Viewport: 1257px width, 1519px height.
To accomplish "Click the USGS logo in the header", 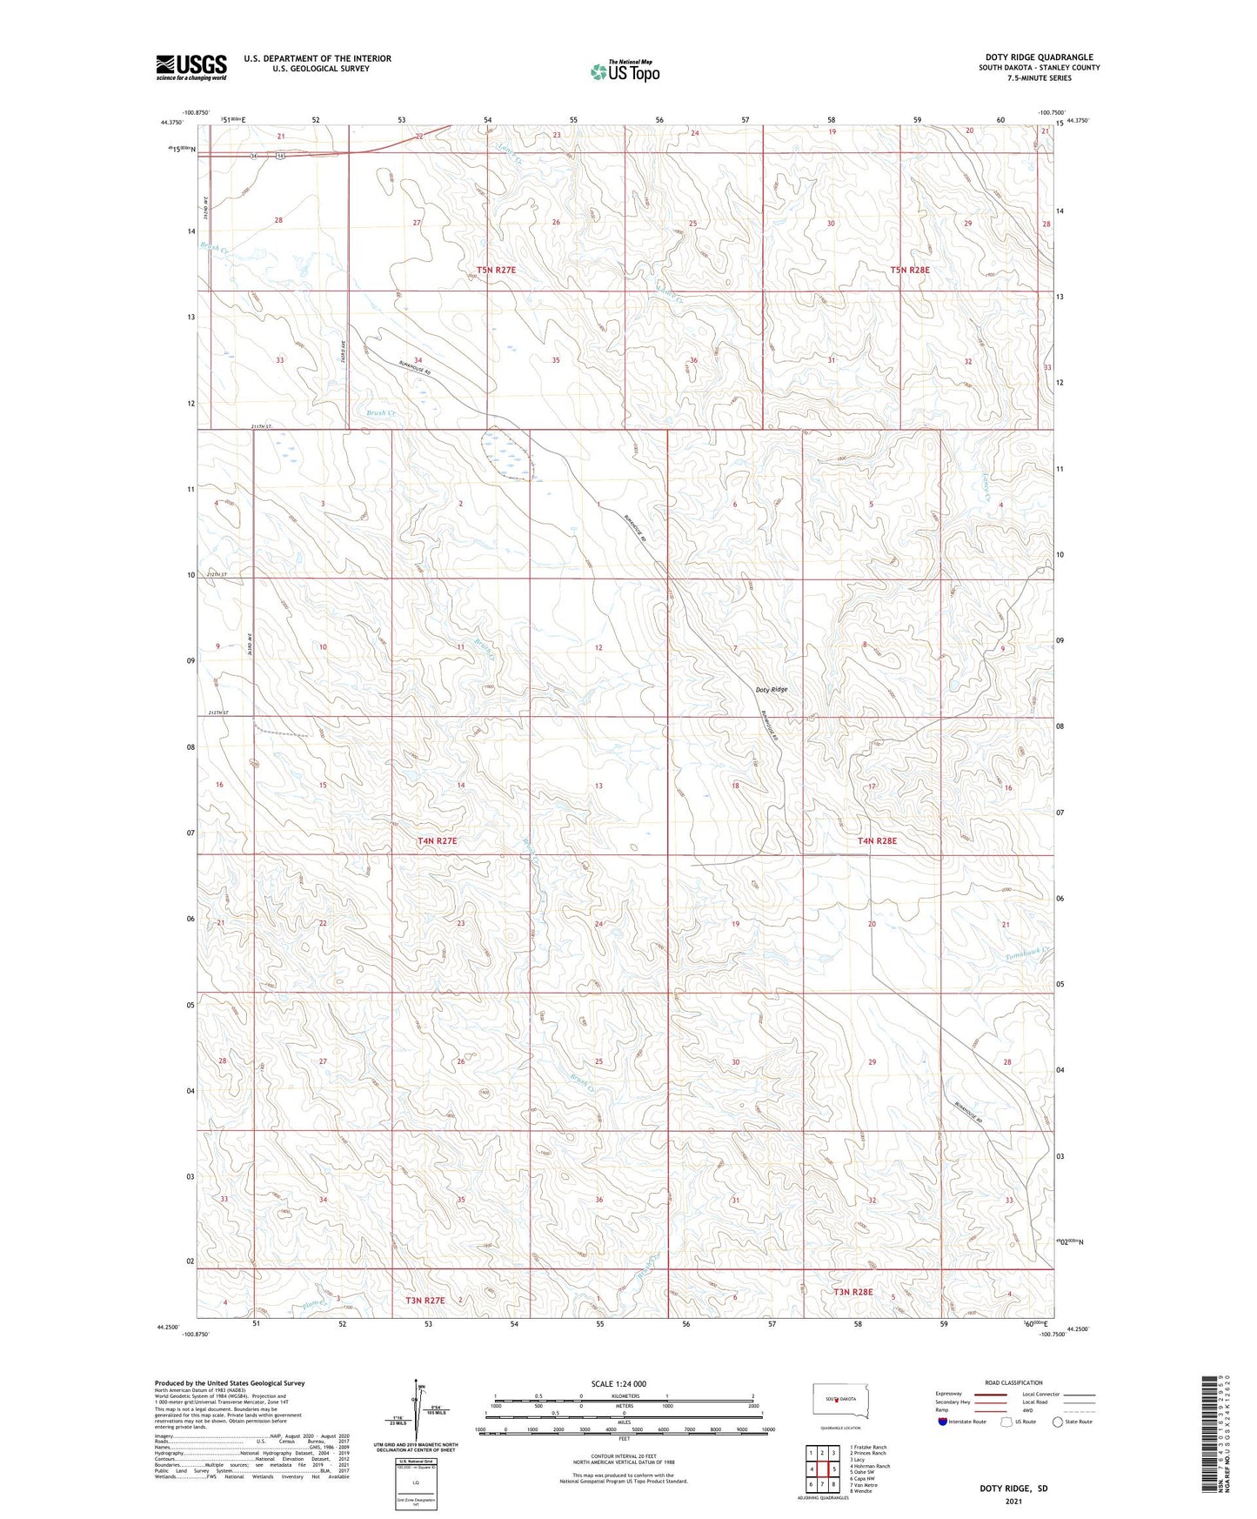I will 191,67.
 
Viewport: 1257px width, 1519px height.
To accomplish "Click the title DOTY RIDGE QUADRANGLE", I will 1039,57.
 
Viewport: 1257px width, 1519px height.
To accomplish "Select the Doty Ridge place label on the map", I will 771,690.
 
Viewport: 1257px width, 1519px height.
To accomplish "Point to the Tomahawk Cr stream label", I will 1029,954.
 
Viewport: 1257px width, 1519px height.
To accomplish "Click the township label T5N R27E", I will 491,271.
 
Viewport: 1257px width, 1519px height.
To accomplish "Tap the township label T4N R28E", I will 877,841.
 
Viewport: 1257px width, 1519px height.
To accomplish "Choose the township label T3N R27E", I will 425,1301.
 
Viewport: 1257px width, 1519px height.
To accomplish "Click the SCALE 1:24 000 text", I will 618,1383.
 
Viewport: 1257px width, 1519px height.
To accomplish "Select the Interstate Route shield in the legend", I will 944,1422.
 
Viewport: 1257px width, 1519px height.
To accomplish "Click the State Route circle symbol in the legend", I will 1057,1422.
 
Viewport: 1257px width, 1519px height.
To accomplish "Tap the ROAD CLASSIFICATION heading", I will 1013,1382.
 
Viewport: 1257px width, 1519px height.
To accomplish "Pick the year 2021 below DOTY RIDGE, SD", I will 1013,1502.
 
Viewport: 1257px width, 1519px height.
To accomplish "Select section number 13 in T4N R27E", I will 598,786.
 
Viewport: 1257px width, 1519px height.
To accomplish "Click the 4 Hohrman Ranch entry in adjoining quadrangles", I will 870,1466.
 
